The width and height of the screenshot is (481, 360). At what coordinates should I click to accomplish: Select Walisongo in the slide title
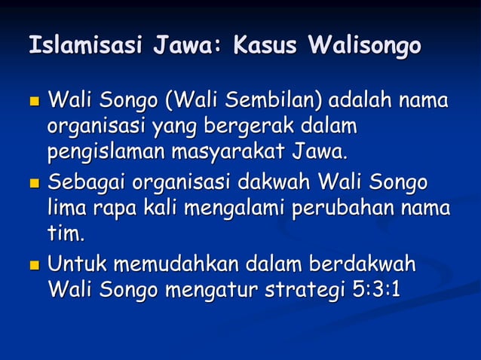364,47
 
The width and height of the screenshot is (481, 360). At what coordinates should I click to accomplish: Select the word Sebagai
86,183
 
